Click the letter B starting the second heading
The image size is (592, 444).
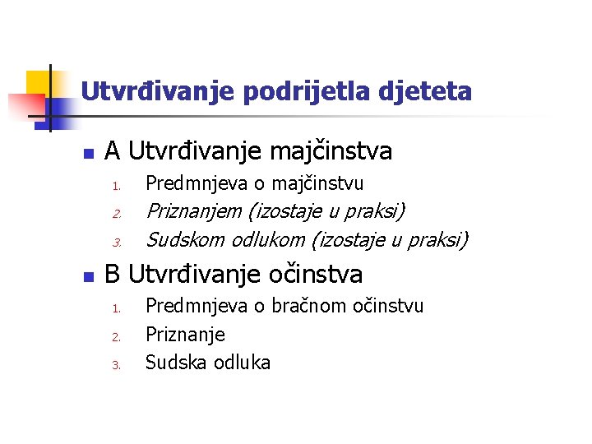pos(113,274)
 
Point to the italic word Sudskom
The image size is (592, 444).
pos(185,240)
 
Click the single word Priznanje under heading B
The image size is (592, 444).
pos(185,335)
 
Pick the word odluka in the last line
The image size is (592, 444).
pos(241,363)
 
